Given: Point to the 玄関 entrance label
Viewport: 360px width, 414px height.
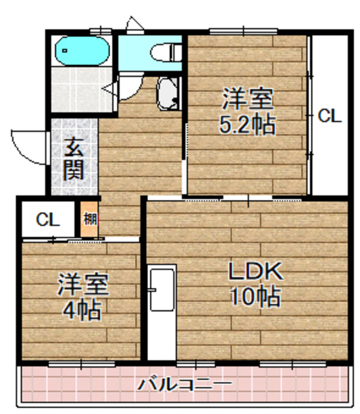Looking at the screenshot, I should [72, 160].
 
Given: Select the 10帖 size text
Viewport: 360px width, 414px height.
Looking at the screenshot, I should [255, 297].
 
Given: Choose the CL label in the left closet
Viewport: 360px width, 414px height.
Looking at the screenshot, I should [47, 219].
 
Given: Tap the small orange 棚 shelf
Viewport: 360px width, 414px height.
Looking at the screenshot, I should [89, 219].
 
